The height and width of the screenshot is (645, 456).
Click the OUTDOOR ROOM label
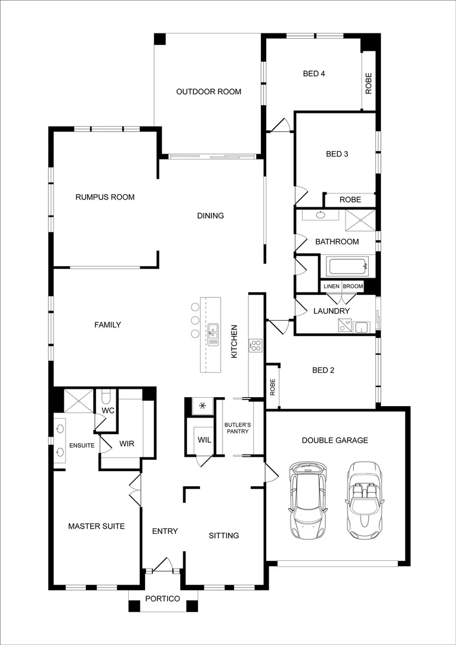(x=208, y=91)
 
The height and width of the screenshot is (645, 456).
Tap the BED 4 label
(x=314, y=74)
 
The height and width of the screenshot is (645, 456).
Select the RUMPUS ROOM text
(x=104, y=197)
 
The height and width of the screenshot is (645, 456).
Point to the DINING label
(x=210, y=216)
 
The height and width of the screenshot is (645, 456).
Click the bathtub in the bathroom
(x=347, y=266)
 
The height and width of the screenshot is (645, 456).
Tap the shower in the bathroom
(x=360, y=220)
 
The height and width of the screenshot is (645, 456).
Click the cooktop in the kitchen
(x=255, y=345)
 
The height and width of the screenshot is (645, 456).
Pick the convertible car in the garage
(x=362, y=500)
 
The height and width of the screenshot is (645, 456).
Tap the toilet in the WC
(x=107, y=397)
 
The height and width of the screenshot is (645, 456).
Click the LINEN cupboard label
(x=331, y=287)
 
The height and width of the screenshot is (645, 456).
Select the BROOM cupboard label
(x=353, y=287)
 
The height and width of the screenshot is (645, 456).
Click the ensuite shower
(x=79, y=400)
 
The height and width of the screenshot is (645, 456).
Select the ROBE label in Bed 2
(x=272, y=387)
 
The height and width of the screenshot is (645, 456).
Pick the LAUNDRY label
(x=331, y=311)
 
